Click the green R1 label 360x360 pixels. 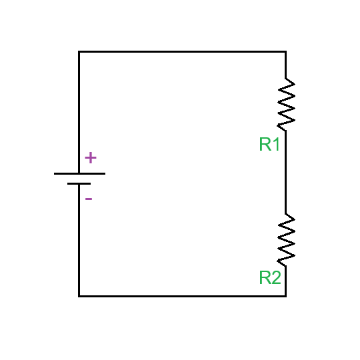[269, 144]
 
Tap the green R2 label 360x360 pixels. [269, 278]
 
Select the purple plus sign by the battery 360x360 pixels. [91, 158]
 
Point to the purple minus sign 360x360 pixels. [89, 199]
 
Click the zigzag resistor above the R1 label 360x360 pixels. [286, 103]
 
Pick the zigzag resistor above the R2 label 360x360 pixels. [286, 238]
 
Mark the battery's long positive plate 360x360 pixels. [79, 173]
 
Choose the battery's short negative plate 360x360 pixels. [79, 183]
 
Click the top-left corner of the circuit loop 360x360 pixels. [79, 51]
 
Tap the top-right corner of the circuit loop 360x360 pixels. [286, 51]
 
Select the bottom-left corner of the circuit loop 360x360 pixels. [79, 295]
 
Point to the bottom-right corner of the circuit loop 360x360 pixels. [286, 295]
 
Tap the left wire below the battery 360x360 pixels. [79, 240]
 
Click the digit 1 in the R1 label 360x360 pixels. [275, 144]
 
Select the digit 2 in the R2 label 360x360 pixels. [275, 278]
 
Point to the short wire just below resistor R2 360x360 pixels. [286, 280]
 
